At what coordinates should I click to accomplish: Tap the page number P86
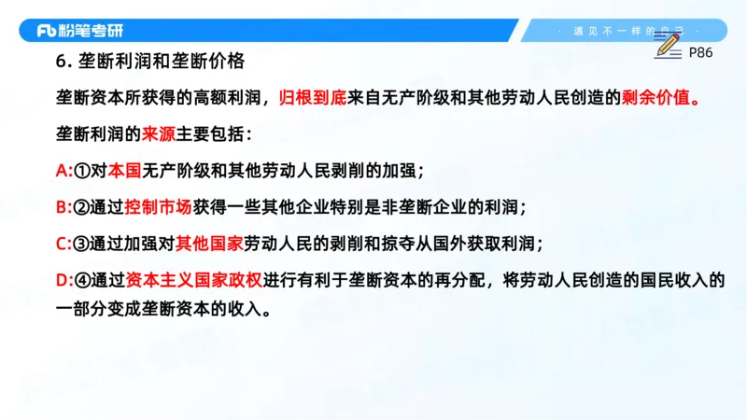[700, 53]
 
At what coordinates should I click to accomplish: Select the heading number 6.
[62, 62]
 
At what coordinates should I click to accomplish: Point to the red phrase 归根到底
[310, 97]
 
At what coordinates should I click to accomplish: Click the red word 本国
[124, 171]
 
